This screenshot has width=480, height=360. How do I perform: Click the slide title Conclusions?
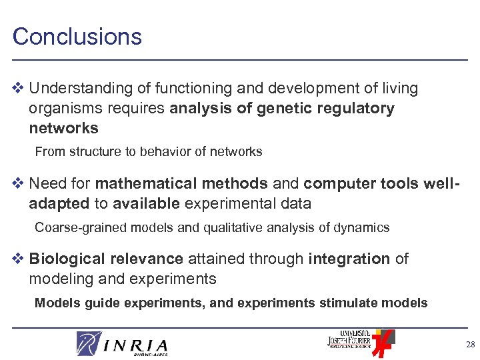77,36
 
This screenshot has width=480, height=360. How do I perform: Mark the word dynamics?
361,227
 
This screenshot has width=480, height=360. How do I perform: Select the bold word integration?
349,259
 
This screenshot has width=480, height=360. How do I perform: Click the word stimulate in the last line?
348,303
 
